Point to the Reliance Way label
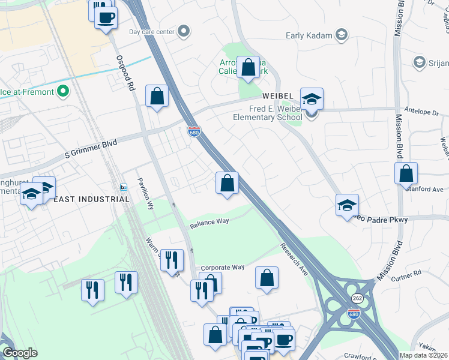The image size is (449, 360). [x=209, y=222]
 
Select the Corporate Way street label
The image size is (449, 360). [x=223, y=267]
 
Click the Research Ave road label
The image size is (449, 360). [x=294, y=260]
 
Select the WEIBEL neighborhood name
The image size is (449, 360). [x=277, y=97]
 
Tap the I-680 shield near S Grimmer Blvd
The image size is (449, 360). [x=193, y=131]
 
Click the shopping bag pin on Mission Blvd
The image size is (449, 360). [x=406, y=173]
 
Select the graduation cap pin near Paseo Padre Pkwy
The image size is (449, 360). [x=347, y=205]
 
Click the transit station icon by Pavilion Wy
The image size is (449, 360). [x=124, y=187]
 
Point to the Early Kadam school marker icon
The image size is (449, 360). [x=342, y=35]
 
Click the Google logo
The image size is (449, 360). [x=20, y=353]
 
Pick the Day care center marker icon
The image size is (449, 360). [x=184, y=31]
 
